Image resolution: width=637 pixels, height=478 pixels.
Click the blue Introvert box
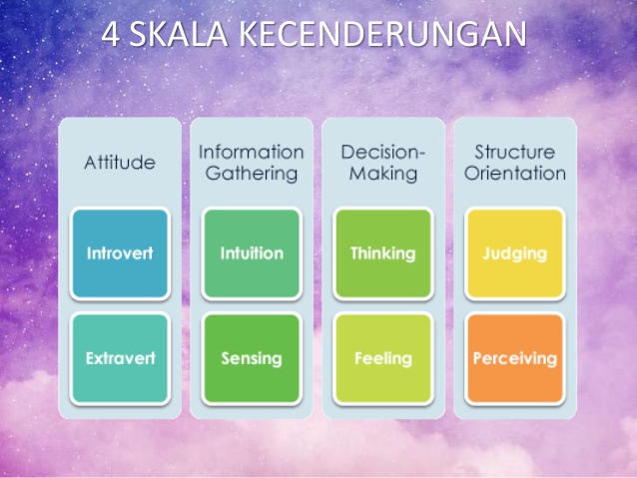coord(120,253)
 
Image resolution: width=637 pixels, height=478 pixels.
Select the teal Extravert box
coord(120,358)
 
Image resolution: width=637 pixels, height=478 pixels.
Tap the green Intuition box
coord(252,253)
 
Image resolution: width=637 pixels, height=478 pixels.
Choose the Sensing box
coord(252,358)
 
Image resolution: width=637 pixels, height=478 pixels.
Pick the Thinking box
coord(383,253)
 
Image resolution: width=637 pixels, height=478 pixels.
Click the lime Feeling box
coord(383,358)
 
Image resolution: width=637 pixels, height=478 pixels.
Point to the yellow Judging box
coord(515,253)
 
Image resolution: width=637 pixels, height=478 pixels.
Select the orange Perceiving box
coord(515,358)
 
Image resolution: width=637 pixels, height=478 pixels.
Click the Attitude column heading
coord(120,163)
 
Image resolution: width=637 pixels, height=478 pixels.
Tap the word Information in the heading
coord(252,153)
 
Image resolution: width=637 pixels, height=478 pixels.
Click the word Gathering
coord(252,174)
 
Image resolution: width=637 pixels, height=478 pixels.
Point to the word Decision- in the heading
coord(383,153)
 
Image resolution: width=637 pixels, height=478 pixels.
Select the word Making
coord(383,174)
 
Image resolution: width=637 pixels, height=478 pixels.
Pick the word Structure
coord(515,153)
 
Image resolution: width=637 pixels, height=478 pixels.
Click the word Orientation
coord(515,173)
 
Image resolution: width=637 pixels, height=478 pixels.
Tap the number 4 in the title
coord(111,35)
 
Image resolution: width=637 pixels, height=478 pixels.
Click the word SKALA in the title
coord(179,35)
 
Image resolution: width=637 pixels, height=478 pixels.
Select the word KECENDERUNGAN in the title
coord(382,35)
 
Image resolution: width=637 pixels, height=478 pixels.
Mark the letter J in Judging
coord(486,253)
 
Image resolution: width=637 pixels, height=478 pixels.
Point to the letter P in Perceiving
coord(477,358)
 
